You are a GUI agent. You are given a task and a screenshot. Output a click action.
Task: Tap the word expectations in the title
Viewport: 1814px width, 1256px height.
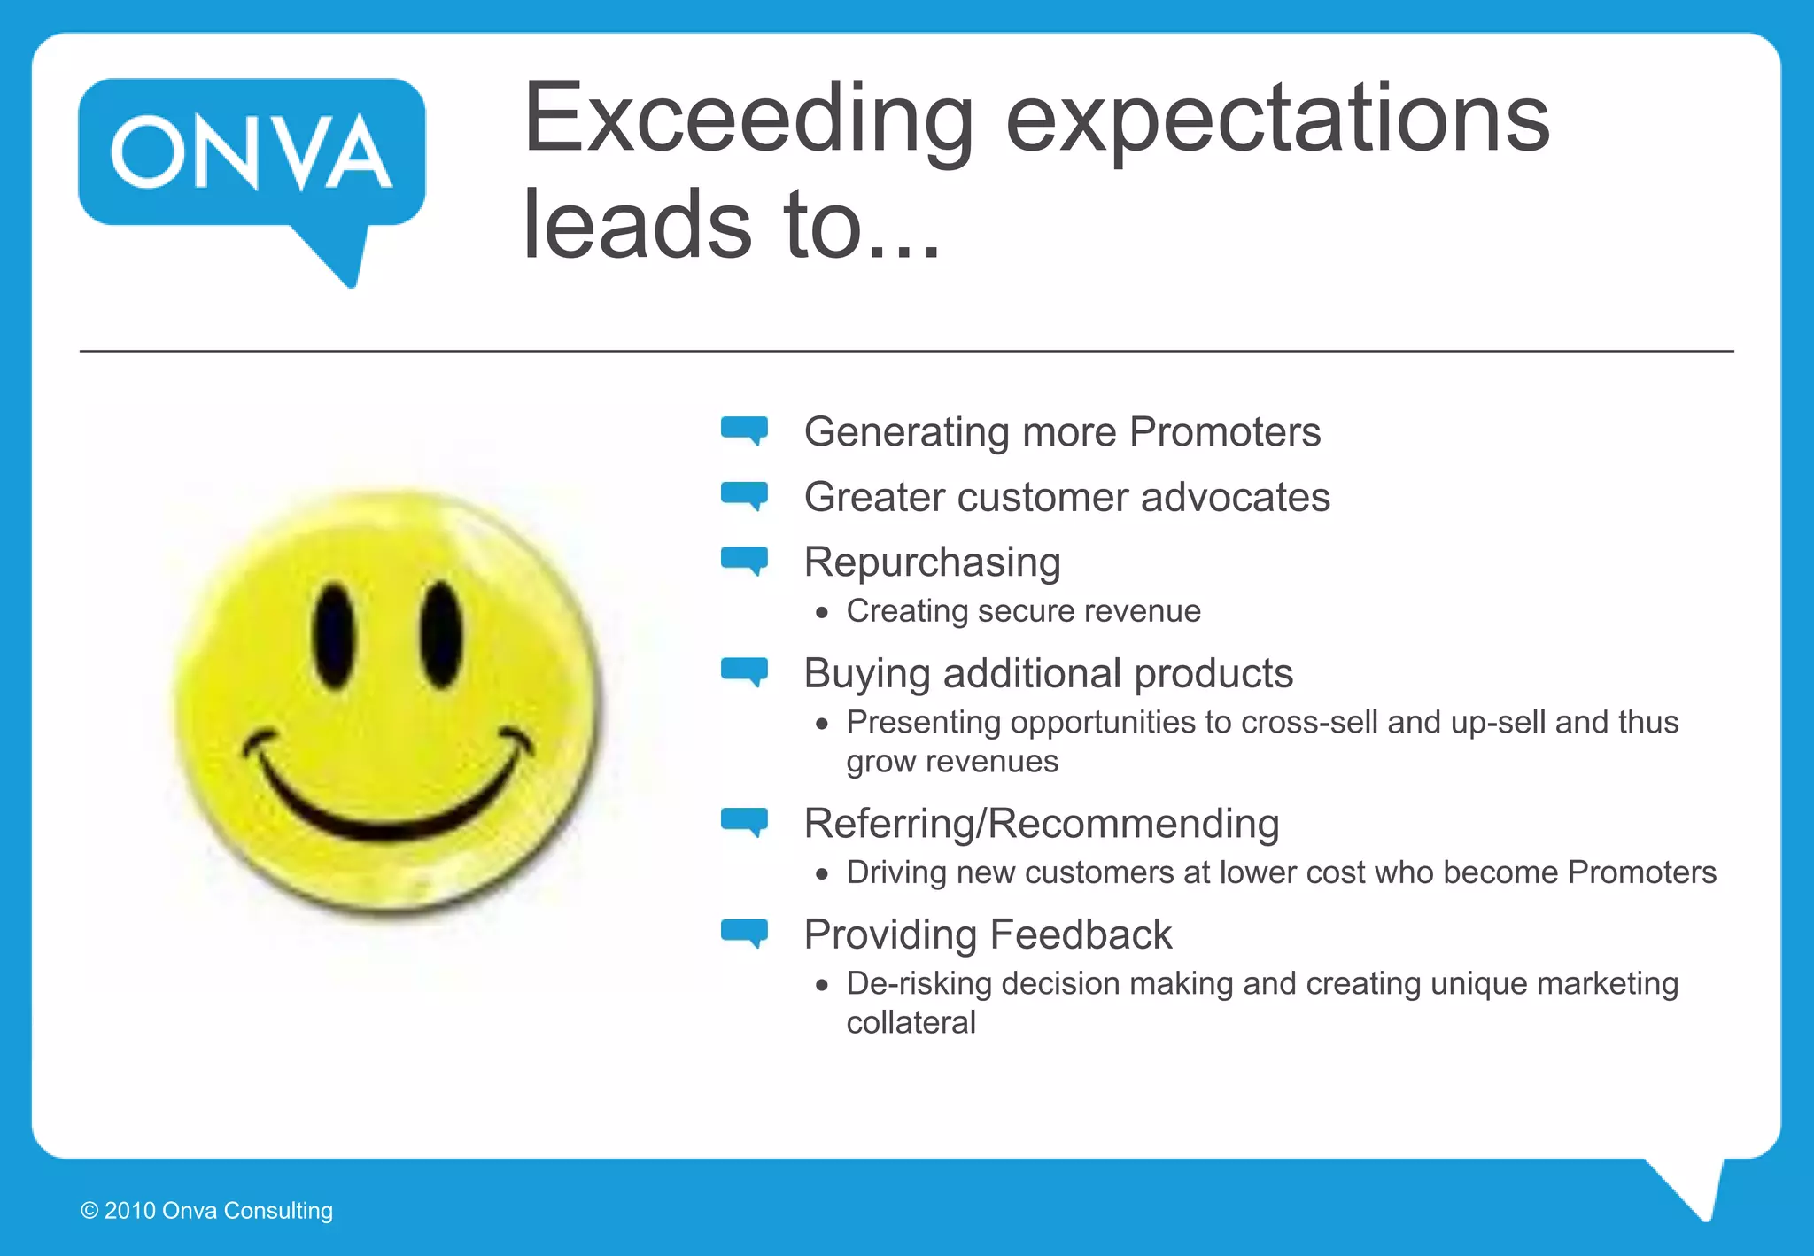tap(1277, 120)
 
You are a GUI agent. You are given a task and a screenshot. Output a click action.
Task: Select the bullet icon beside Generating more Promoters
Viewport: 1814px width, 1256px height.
tap(744, 430)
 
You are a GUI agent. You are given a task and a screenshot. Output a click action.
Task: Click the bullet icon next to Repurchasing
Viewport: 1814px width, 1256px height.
tap(744, 560)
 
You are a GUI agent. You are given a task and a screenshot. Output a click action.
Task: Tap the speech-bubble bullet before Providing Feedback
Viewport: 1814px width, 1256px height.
tap(744, 933)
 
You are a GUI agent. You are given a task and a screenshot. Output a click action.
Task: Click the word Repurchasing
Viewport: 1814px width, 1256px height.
tap(932, 562)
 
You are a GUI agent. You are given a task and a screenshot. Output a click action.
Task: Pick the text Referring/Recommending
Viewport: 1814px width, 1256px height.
tap(1041, 824)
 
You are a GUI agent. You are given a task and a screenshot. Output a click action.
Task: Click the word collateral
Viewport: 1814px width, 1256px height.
tap(911, 1023)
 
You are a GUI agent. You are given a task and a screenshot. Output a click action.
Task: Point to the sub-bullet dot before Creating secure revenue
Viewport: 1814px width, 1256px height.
tap(823, 612)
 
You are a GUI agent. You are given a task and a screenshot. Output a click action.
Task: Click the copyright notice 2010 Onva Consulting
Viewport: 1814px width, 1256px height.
tap(207, 1211)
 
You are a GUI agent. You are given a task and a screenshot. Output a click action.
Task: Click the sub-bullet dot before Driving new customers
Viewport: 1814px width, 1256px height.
tap(823, 874)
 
